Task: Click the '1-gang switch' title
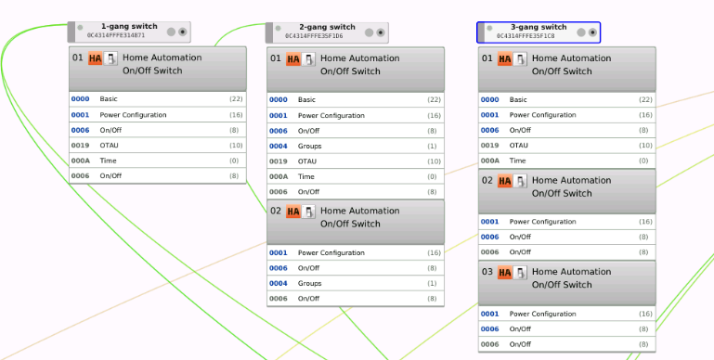click(x=128, y=26)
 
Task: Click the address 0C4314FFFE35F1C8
click(x=526, y=36)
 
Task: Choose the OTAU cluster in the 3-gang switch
click(x=519, y=146)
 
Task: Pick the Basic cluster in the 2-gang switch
click(x=306, y=99)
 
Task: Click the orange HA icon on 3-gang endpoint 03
click(x=504, y=273)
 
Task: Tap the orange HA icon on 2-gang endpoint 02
click(x=293, y=212)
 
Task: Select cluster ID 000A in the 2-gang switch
click(x=279, y=175)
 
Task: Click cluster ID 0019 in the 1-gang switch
click(x=80, y=146)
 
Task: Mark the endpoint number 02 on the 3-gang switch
click(x=487, y=181)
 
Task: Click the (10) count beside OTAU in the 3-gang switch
click(x=645, y=146)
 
